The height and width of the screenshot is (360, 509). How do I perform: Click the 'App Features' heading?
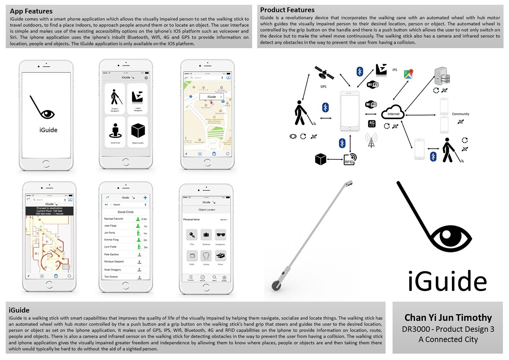tap(31, 11)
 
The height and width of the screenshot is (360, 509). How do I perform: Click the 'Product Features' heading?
tap(287, 10)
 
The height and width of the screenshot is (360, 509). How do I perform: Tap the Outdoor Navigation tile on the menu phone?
tap(115, 98)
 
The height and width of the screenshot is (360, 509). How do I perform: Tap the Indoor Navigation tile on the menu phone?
tap(137, 98)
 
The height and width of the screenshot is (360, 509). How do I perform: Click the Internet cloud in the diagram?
tap(393, 112)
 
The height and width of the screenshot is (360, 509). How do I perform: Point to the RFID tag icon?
tap(350, 159)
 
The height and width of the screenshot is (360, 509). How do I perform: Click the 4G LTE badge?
tap(372, 124)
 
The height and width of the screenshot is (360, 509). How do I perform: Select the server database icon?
tap(442, 76)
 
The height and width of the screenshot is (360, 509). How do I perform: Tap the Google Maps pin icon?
tap(409, 74)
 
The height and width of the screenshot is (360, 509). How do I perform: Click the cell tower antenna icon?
tap(371, 140)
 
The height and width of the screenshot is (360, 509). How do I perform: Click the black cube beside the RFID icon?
tap(320, 159)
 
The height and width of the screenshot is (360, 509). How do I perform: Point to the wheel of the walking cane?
tap(276, 286)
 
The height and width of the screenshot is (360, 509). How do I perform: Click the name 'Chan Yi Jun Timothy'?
tap(448, 318)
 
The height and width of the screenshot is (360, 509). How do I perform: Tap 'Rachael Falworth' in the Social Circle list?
tap(114, 219)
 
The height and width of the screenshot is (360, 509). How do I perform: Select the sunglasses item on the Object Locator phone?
tap(221, 235)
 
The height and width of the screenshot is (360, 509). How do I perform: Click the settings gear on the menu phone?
tap(146, 78)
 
